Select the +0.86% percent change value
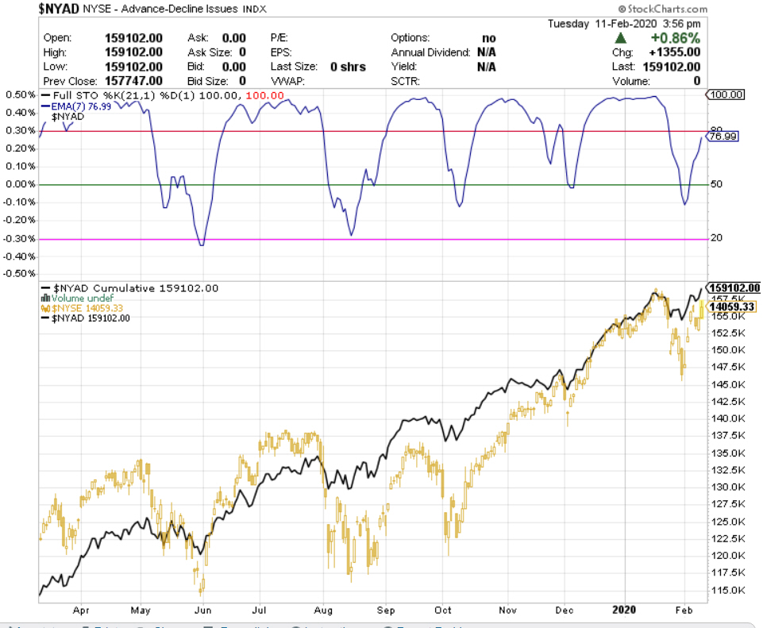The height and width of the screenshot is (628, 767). coord(674,37)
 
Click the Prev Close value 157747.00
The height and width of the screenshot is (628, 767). coord(133,81)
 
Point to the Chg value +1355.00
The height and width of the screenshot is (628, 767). coord(673,52)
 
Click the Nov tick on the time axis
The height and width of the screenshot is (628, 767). coord(508,610)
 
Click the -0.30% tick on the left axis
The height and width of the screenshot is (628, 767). coord(20,239)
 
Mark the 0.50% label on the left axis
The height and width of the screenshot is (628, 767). coord(20,95)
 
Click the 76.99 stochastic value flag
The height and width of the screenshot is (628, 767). coord(723,136)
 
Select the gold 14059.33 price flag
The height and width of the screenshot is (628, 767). coord(732,306)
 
